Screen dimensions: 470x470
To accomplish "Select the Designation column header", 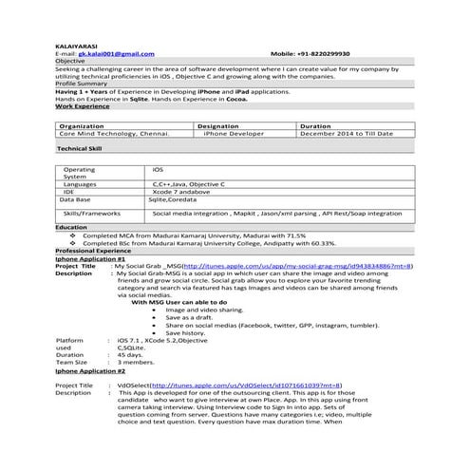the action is pyautogui.click(x=218, y=125).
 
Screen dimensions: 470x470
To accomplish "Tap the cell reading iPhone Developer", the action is pyautogui.click(x=231, y=134).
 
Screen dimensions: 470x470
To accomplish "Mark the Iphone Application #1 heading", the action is pyautogui.click(x=90, y=258).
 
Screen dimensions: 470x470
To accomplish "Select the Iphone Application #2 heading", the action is pyautogui.click(x=90, y=370).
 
